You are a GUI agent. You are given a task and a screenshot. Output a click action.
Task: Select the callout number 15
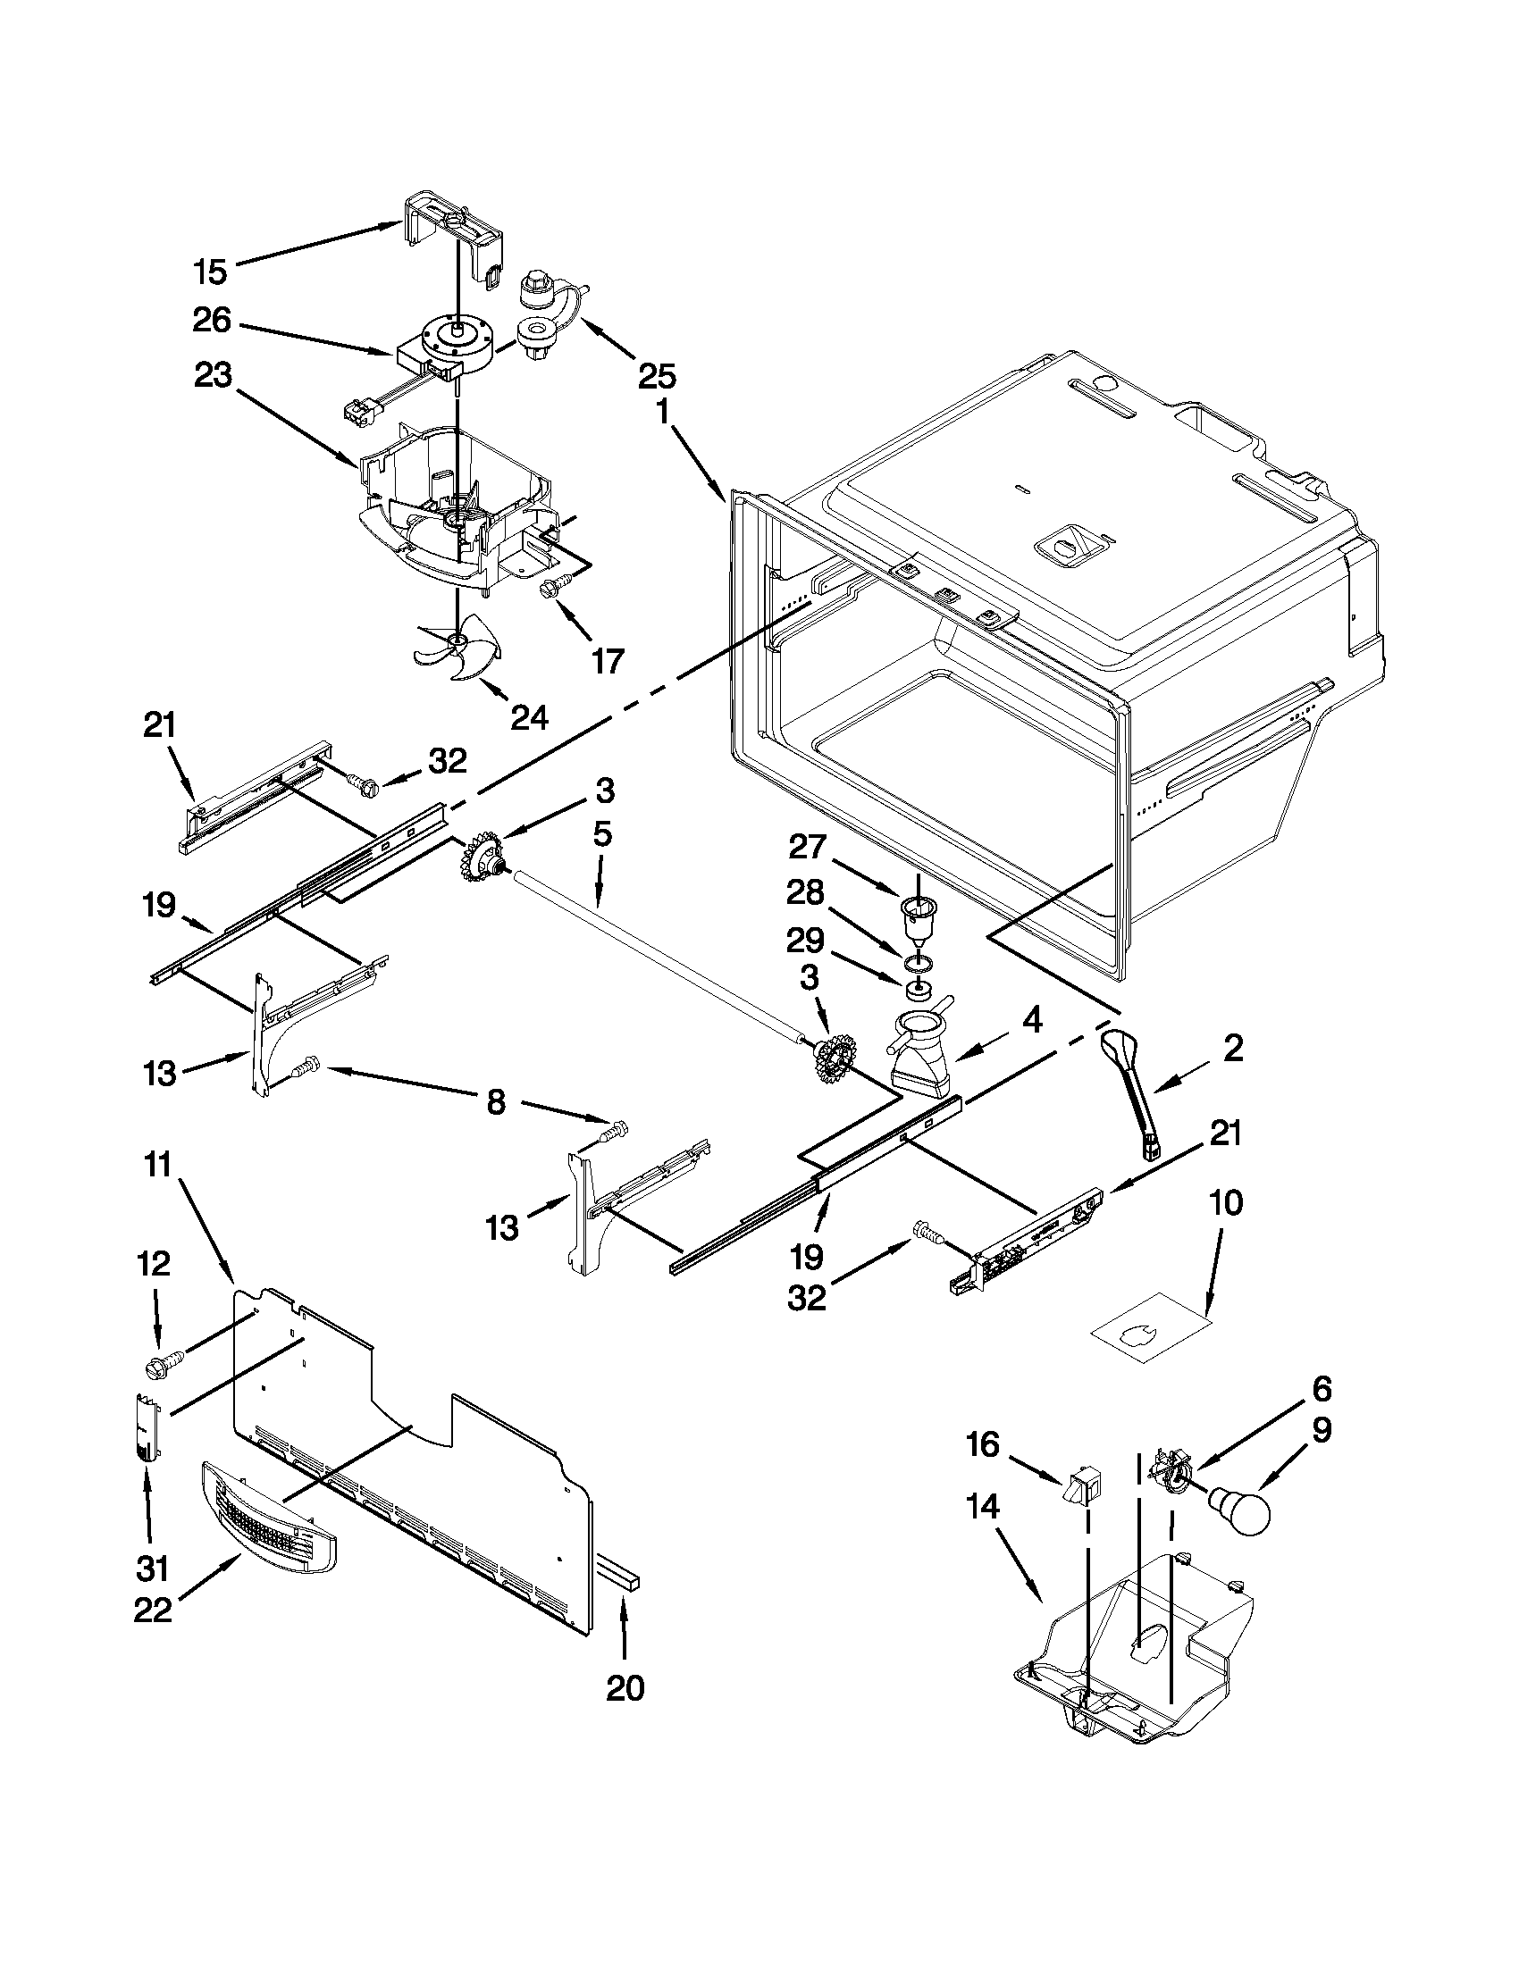[212, 271]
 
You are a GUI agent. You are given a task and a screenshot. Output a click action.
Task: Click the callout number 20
[625, 1688]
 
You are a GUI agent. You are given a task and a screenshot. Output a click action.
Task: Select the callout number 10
[1226, 1202]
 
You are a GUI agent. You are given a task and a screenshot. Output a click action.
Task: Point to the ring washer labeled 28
[918, 965]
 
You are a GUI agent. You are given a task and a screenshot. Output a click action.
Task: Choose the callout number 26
[213, 321]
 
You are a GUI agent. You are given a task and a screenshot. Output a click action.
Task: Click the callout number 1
[662, 413]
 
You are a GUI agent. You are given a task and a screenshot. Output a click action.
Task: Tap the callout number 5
[602, 834]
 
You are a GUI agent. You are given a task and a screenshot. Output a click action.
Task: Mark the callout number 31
[152, 1569]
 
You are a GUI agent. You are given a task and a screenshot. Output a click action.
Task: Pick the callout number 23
[213, 375]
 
